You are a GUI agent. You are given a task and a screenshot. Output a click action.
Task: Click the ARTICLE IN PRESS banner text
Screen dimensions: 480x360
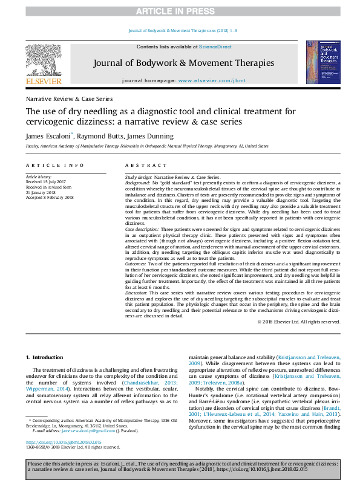tap(180, 11)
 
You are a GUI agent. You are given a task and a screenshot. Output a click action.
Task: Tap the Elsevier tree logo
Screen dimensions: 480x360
tap(43, 60)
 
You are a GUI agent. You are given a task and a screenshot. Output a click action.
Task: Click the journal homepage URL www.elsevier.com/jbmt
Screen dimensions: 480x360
tap(206, 80)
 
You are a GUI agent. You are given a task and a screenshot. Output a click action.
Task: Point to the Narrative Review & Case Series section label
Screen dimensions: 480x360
tap(69, 99)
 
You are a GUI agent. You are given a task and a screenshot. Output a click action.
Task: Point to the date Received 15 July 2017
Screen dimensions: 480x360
tap(50, 181)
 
